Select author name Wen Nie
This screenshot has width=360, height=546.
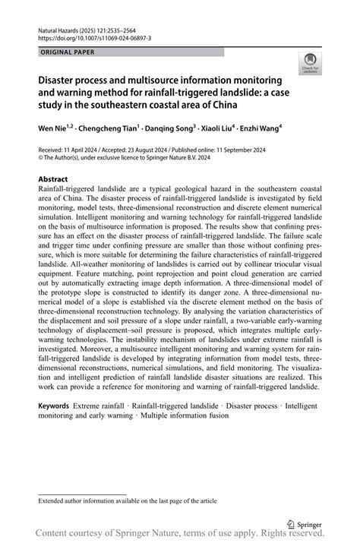[x=54, y=129]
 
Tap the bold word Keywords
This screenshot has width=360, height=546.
[x=55, y=406]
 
